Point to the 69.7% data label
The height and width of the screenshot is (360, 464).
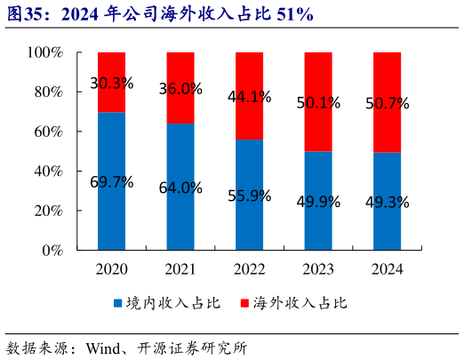point(111,182)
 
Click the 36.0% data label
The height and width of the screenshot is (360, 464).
point(180,89)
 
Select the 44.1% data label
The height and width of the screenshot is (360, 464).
point(249,97)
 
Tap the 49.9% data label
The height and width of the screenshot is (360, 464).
point(318,202)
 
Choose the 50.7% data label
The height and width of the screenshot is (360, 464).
point(388,103)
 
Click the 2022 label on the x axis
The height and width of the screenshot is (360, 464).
point(249,269)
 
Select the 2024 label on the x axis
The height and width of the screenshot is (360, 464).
point(387,269)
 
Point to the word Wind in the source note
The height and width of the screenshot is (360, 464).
point(102,347)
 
